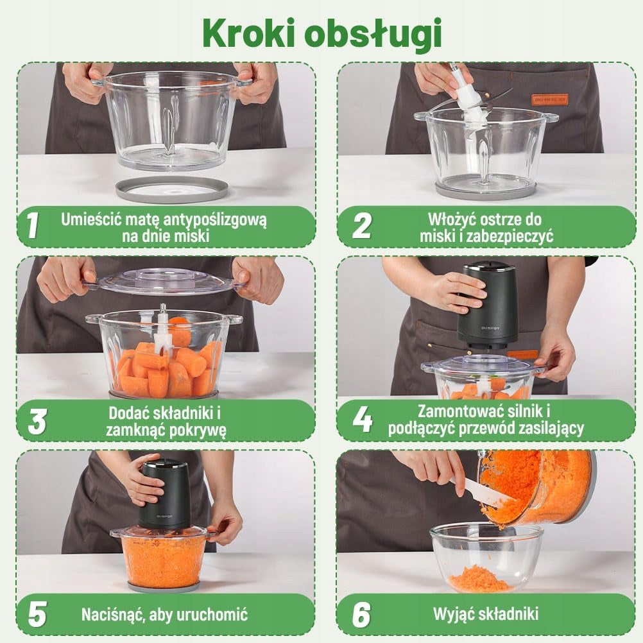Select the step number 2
coord(362,225)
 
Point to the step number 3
coord(37,422)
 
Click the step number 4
coord(363,420)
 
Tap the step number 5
coord(37,614)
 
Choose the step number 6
coord(362,614)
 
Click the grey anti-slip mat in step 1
coord(172,189)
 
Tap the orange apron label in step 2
coord(550,99)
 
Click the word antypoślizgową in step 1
coord(215,220)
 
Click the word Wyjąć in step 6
coord(452,615)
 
